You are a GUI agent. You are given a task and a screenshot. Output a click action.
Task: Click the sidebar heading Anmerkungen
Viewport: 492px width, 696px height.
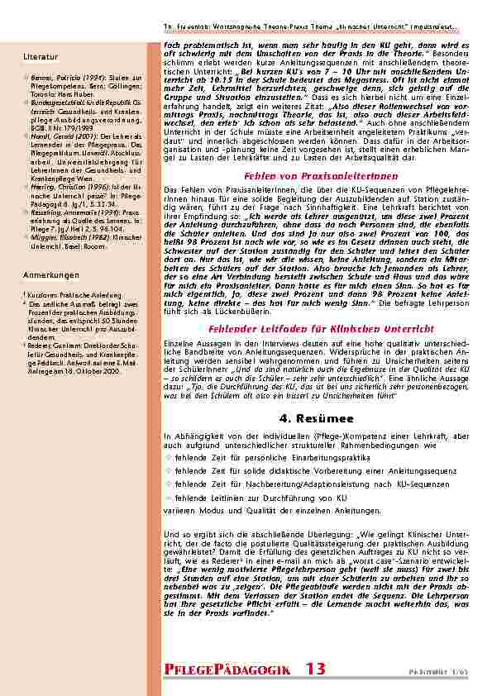click(50, 274)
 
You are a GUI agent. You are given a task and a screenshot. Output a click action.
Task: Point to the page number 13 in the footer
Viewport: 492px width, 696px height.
click(315, 668)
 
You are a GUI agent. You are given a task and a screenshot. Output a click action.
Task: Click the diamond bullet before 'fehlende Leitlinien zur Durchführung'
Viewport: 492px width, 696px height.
click(169, 498)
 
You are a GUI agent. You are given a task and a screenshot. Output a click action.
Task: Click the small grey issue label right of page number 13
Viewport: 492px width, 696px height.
click(450, 670)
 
